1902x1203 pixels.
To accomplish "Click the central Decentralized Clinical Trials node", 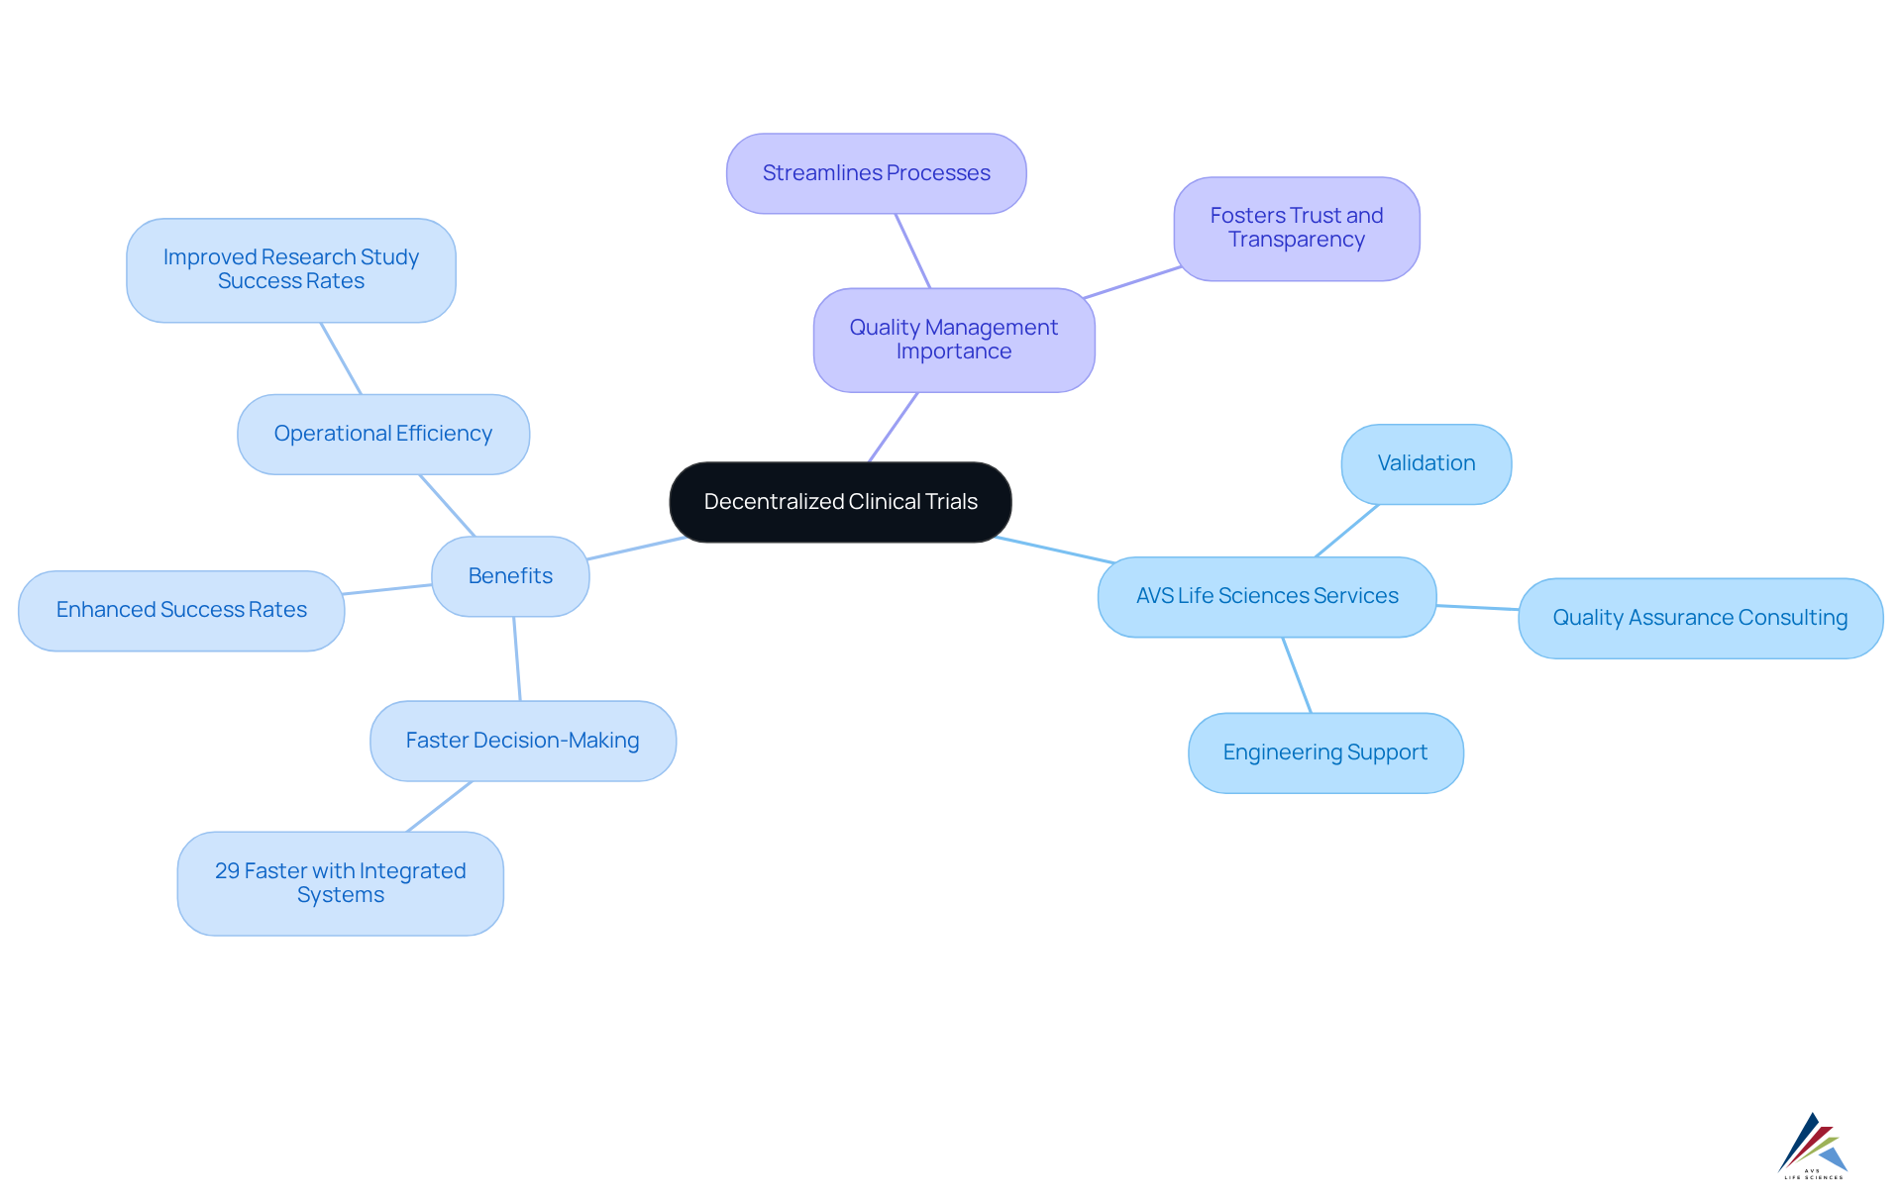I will coord(840,502).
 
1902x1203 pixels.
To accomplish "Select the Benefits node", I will coord(510,576).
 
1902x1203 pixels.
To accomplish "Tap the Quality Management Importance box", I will coord(953,340).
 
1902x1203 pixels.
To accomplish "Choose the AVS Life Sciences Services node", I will coord(1266,596).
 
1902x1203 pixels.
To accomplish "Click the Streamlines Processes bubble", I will coord(876,173).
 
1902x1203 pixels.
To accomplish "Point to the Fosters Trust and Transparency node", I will coord(1296,229).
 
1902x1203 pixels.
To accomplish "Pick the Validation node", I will coord(1426,463).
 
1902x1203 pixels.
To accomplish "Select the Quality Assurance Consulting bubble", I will coord(1699,618).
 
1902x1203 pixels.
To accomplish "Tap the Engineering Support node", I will coord(1324,752).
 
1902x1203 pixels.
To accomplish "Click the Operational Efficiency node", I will coord(382,434).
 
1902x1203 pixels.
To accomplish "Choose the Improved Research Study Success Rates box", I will coord(290,269).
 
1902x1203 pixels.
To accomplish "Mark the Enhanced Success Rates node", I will coord(181,610).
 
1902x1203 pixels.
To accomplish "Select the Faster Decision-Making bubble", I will coord(522,741).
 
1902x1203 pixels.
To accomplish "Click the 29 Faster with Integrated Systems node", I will coord(340,882).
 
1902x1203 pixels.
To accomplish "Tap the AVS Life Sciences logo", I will coord(1813,1146).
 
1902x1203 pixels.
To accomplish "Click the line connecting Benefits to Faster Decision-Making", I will coord(517,658).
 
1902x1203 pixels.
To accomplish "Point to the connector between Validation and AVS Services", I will coord(1347,531).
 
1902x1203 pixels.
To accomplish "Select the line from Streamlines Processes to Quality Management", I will coord(912,251).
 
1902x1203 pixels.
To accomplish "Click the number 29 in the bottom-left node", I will coord(227,871).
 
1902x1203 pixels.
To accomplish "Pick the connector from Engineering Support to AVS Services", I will coord(1297,674).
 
